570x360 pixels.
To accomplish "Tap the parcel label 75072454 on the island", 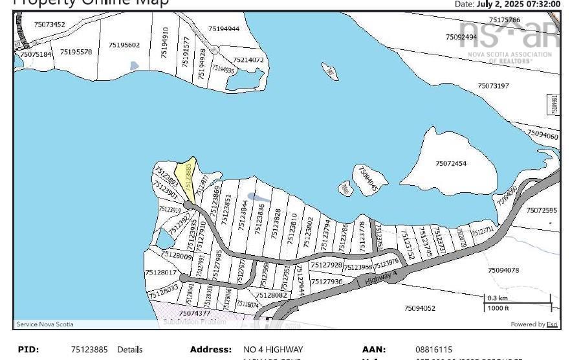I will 451,163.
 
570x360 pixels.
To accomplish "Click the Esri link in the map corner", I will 552,324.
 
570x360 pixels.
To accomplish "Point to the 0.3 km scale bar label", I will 497,298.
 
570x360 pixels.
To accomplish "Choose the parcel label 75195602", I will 124,45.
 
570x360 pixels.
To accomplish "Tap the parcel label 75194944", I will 224,28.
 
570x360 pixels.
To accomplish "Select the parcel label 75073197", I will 493,85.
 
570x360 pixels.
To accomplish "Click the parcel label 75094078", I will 503,270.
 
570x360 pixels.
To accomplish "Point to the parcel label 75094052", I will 420,308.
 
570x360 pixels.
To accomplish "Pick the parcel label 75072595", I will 542,210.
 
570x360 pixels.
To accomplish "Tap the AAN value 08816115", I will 433,350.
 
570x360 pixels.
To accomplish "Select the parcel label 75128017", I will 161,273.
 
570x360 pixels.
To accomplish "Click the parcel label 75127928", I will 326,265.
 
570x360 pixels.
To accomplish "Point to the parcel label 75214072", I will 248,60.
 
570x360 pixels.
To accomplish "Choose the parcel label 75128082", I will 271,295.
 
